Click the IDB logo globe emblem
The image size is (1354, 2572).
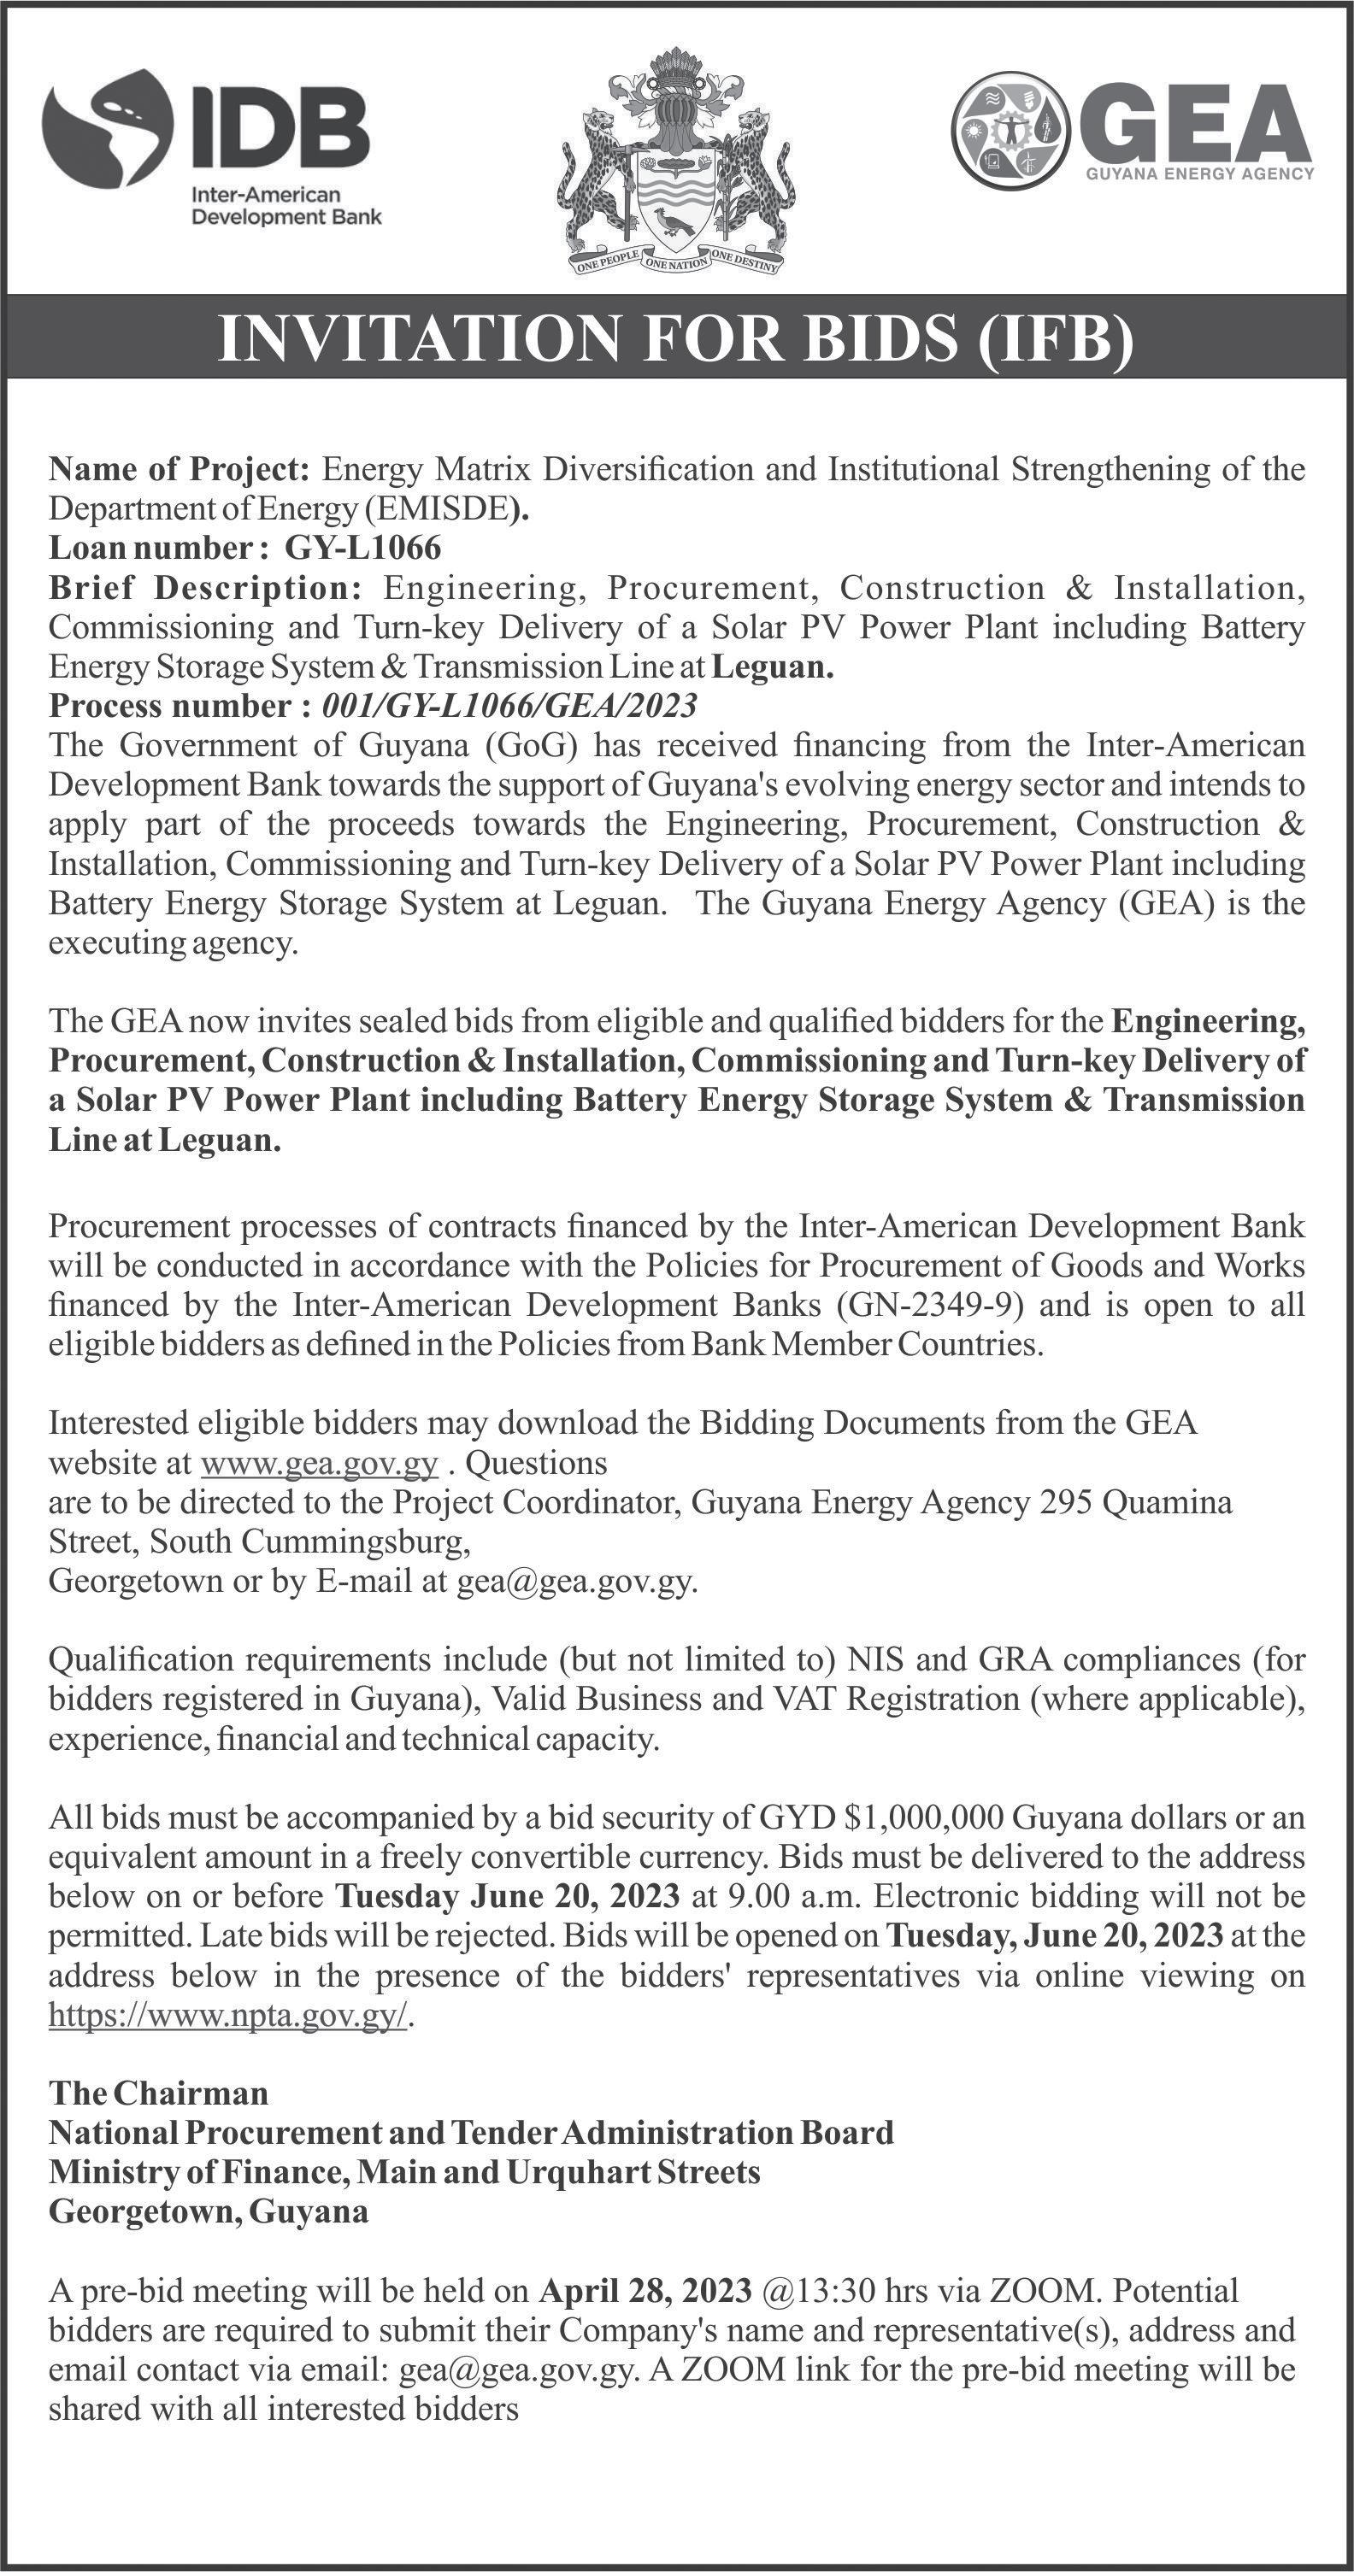[106, 129]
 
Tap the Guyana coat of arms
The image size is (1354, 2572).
[676, 164]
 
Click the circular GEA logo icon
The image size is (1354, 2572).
[1010, 129]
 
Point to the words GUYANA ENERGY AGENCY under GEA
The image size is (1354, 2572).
[1199, 173]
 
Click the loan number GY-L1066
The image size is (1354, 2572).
[363, 548]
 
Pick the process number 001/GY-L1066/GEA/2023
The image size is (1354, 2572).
[509, 706]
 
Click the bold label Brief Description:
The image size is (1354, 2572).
[204, 588]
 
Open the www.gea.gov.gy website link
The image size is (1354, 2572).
[320, 1464]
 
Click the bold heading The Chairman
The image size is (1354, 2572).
[159, 2092]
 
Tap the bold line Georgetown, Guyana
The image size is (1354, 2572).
[209, 2211]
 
